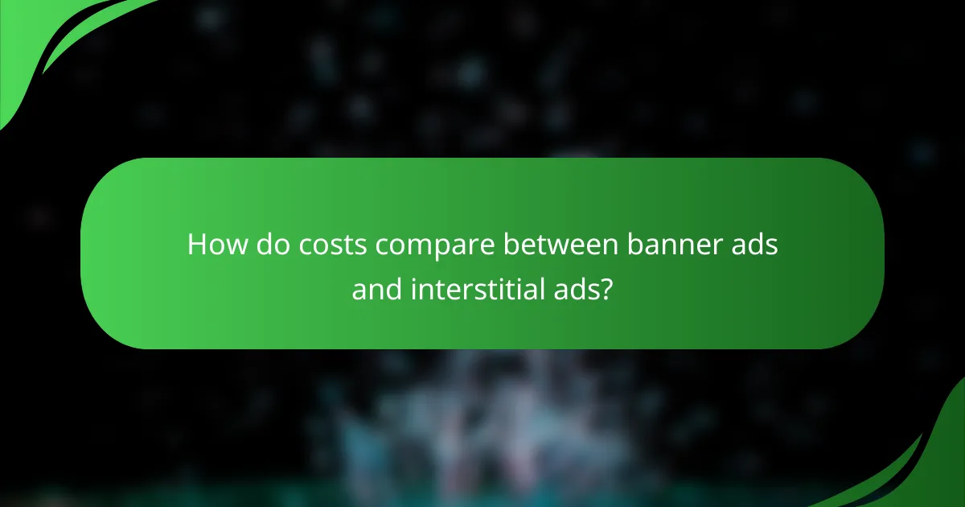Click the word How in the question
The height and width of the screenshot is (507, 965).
218,245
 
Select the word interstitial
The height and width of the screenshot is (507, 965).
477,288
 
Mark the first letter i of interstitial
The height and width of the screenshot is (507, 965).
413,287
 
